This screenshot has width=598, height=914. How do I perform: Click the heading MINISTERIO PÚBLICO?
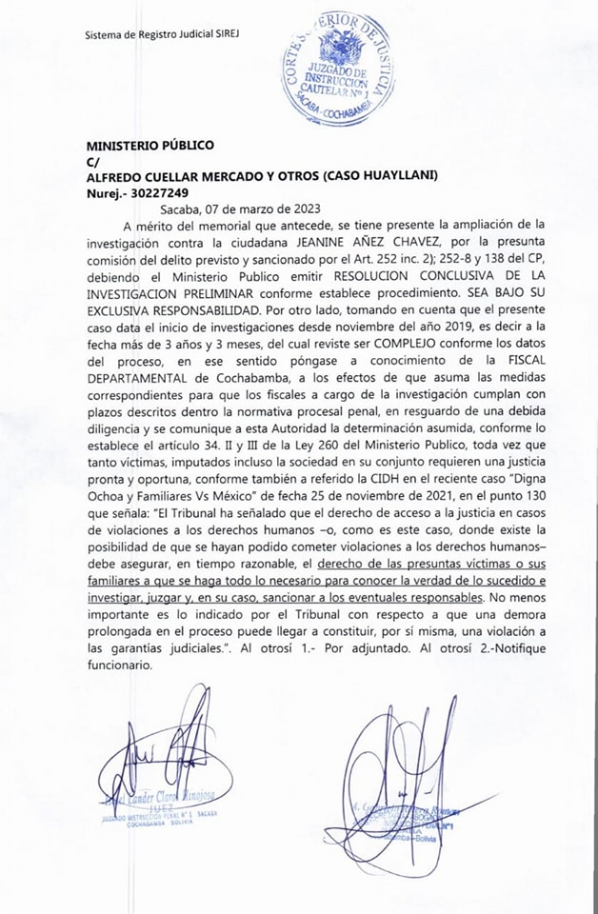pyautogui.click(x=149, y=146)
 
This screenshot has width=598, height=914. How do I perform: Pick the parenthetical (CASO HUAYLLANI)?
pyautogui.click(x=384, y=177)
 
